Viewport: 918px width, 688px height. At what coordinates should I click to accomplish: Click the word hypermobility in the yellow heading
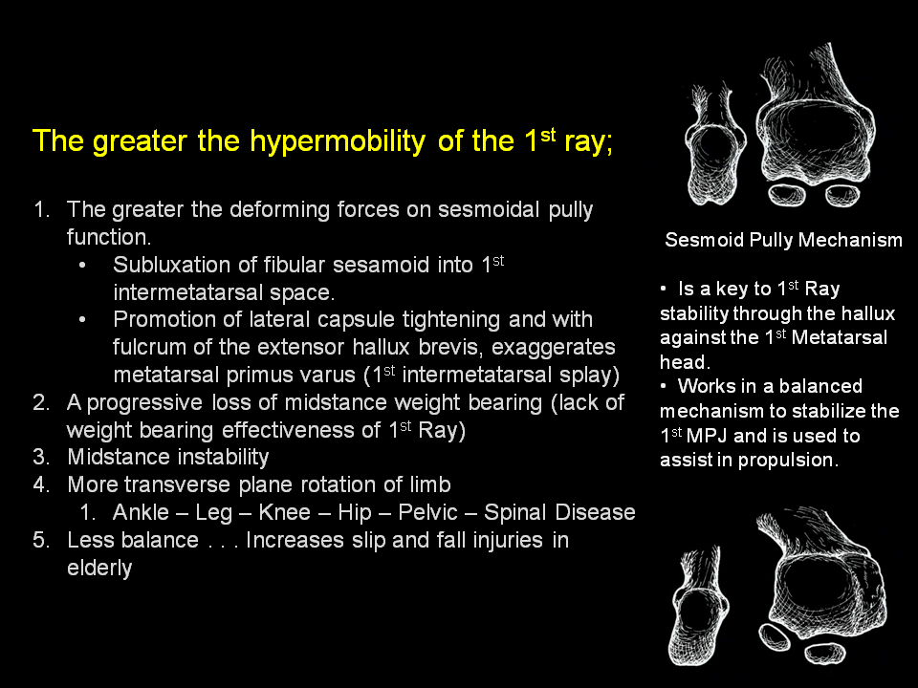pos(338,142)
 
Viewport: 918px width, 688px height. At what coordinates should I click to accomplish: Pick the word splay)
pos(590,376)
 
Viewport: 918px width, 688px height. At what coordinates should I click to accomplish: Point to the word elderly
pos(99,568)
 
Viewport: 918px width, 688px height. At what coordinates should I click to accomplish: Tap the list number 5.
pos(41,540)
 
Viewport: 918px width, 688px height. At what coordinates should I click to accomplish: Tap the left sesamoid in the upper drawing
pos(786,194)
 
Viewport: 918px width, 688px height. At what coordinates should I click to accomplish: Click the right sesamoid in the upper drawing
pos(842,195)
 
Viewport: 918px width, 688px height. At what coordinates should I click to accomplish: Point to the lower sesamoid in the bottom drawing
pos(825,653)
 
